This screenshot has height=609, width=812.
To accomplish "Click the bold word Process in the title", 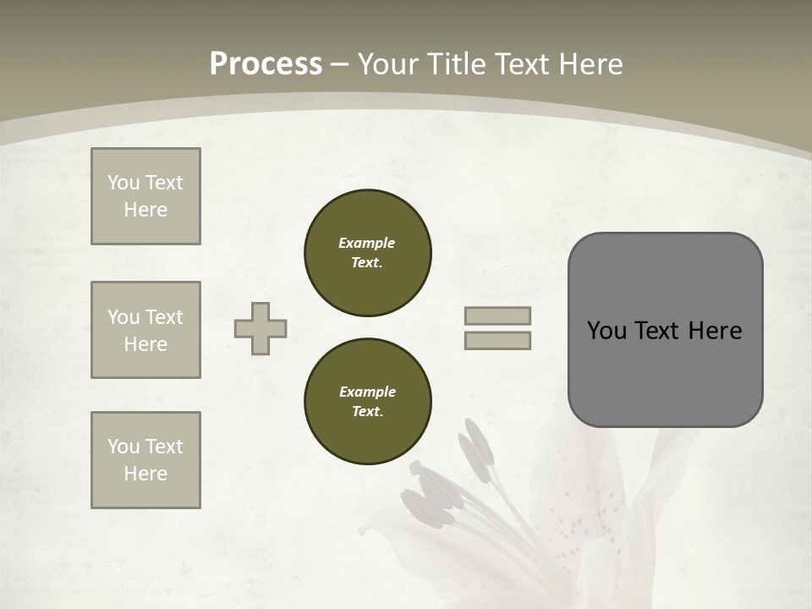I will pyautogui.click(x=266, y=64).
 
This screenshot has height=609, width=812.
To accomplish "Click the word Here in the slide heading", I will pyautogui.click(x=589, y=64).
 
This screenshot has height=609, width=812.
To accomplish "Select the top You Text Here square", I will pyautogui.click(x=145, y=196).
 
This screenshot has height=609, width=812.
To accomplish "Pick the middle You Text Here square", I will pyautogui.click(x=145, y=330).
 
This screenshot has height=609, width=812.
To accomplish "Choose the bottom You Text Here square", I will pyautogui.click(x=145, y=460).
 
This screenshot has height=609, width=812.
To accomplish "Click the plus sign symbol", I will pyautogui.click(x=261, y=328).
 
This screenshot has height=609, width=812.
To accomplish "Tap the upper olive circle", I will pyautogui.click(x=368, y=253).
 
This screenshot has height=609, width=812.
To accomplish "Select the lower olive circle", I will pyautogui.click(x=368, y=402).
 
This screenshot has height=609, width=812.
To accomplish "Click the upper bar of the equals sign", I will pyautogui.click(x=498, y=315).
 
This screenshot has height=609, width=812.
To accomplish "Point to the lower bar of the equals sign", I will pyautogui.click(x=498, y=340).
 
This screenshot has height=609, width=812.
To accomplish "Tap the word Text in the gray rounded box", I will pyautogui.click(x=656, y=331).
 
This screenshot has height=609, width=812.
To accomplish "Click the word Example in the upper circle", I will pyautogui.click(x=367, y=243).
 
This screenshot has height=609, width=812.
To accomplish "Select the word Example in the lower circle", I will pyautogui.click(x=367, y=392).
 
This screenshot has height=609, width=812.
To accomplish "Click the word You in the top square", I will pyautogui.click(x=123, y=183).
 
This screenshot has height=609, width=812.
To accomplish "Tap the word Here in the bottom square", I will pyautogui.click(x=145, y=474).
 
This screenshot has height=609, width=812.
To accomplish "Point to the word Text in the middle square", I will pyautogui.click(x=163, y=317).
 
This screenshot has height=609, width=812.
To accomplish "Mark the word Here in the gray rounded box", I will pyautogui.click(x=715, y=331).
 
